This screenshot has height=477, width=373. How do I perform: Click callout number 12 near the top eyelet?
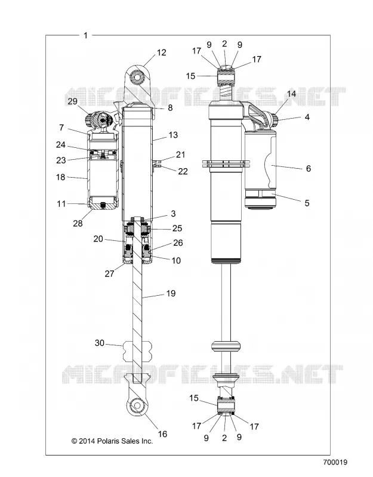pyautogui.click(x=161, y=52)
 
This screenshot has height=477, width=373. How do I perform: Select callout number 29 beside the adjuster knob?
pyautogui.click(x=72, y=101)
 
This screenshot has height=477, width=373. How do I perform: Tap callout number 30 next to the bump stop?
pyautogui.click(x=100, y=343)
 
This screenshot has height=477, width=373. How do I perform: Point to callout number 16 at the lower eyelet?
pyautogui.click(x=162, y=434)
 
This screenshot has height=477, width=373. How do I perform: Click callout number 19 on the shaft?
pyautogui.click(x=171, y=293)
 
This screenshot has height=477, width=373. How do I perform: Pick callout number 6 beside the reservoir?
pyautogui.click(x=309, y=169)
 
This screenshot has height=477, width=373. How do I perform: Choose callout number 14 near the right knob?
pyautogui.click(x=291, y=94)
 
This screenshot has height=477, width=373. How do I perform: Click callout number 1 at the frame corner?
pyautogui.click(x=85, y=35)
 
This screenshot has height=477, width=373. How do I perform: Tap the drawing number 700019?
pyautogui.click(x=335, y=462)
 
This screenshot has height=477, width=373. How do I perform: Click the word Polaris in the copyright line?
pyautogui.click(x=109, y=441)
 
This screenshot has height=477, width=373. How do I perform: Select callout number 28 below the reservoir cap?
pyautogui.click(x=78, y=223)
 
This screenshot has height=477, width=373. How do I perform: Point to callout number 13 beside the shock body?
pyautogui.click(x=173, y=135)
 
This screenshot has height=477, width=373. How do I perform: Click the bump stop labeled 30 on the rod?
pyautogui.click(x=137, y=351)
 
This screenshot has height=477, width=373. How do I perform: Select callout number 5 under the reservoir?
pyautogui.click(x=307, y=203)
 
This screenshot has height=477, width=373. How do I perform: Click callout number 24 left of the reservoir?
pyautogui.click(x=61, y=144)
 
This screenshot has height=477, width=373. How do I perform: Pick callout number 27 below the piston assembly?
pyautogui.click(x=109, y=274)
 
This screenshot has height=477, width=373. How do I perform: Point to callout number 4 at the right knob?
pyautogui.click(x=307, y=117)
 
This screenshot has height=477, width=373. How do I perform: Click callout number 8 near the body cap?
pyautogui.click(x=170, y=108)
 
